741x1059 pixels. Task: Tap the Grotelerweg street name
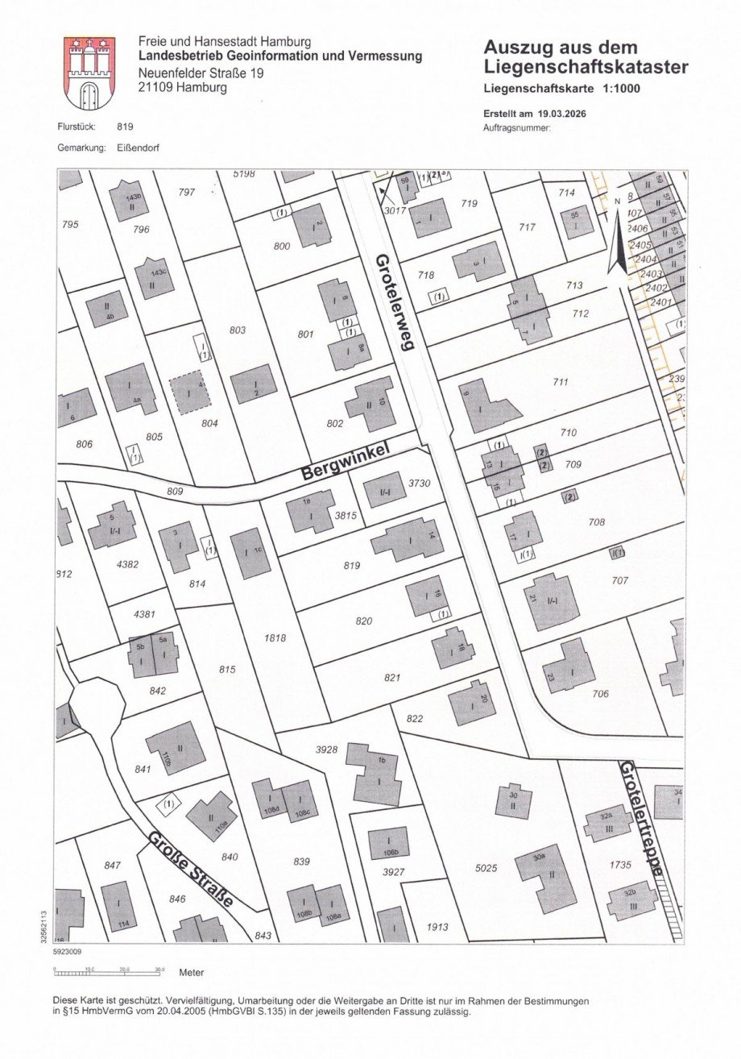tap(394, 302)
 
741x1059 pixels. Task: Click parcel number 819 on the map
tap(352, 565)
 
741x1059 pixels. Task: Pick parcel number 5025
tap(486, 868)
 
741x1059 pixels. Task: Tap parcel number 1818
tap(275, 637)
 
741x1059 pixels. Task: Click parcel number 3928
tap(326, 750)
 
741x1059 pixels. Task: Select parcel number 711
tap(561, 381)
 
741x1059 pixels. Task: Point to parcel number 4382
tap(127, 564)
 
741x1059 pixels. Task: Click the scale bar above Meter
tap(108, 971)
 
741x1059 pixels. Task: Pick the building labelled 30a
tap(546, 878)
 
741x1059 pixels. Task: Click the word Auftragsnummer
tap(516, 128)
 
